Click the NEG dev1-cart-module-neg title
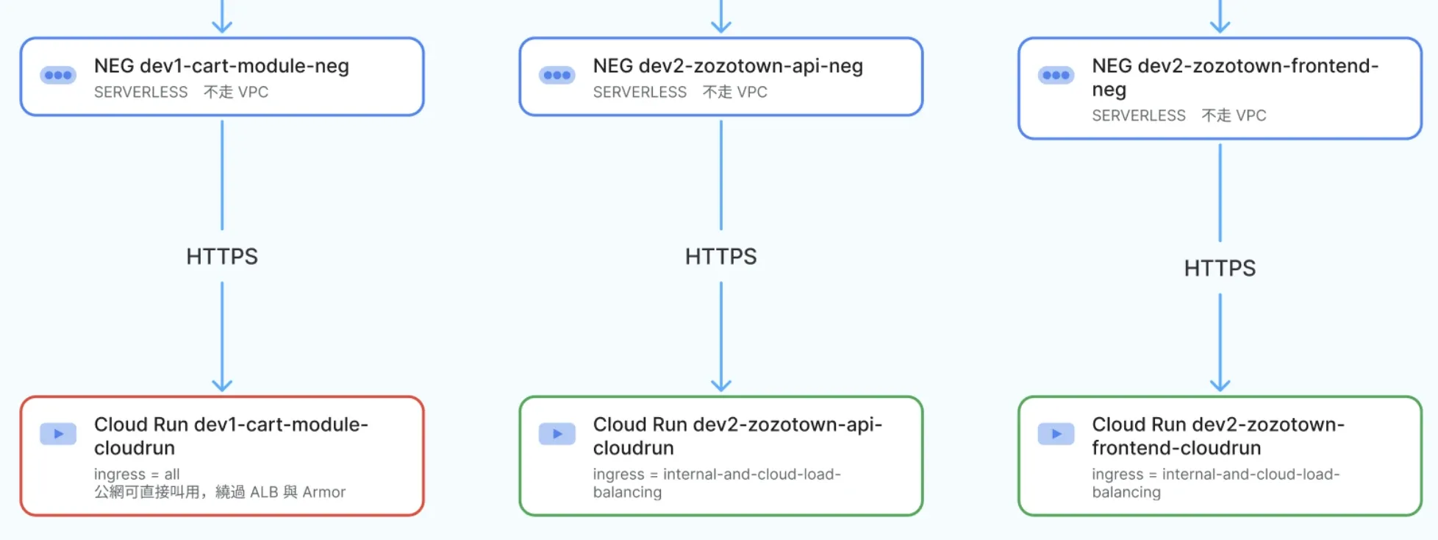point(221,66)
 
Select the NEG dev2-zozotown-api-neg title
point(728,66)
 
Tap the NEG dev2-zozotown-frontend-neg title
point(1235,77)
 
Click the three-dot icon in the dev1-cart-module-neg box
point(58,75)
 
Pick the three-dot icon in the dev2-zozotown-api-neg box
point(557,75)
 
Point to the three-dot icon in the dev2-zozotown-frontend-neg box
point(1056,75)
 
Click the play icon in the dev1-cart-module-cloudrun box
point(58,434)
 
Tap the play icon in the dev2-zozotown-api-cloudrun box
point(557,434)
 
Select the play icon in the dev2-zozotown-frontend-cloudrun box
point(1056,434)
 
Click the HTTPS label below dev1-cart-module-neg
point(222,257)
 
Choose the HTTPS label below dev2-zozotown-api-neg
point(721,257)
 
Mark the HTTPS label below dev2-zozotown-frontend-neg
point(1220,269)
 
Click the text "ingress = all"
point(137,475)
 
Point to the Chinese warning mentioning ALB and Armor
point(220,492)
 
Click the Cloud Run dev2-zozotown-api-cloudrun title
point(737,436)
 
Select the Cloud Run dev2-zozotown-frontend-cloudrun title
point(1218,436)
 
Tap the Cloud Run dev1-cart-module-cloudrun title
point(231,436)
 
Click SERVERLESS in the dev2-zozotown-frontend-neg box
point(1139,116)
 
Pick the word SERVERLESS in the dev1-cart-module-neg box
point(141,92)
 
